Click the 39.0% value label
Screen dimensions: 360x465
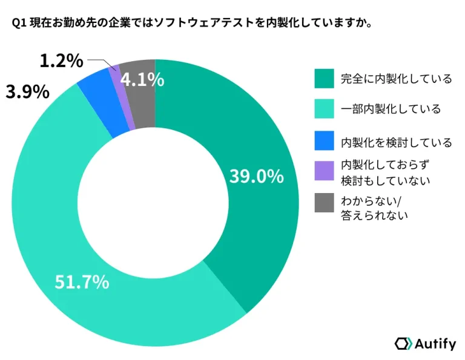tap(256, 176)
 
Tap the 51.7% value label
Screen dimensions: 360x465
tap(82, 281)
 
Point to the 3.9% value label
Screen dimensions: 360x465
tap(27, 92)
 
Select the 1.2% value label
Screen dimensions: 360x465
tap(61, 61)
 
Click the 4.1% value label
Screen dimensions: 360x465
tap(142, 79)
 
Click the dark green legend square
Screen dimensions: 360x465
tap(324, 79)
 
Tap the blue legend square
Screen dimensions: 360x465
tap(324, 142)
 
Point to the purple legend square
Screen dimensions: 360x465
tap(324, 171)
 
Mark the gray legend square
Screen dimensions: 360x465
tap(324, 205)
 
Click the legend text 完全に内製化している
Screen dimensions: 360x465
tap(396, 79)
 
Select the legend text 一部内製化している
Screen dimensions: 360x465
tap(391, 110)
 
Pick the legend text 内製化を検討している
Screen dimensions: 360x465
tap(396, 142)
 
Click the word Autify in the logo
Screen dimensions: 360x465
tap(435, 344)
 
